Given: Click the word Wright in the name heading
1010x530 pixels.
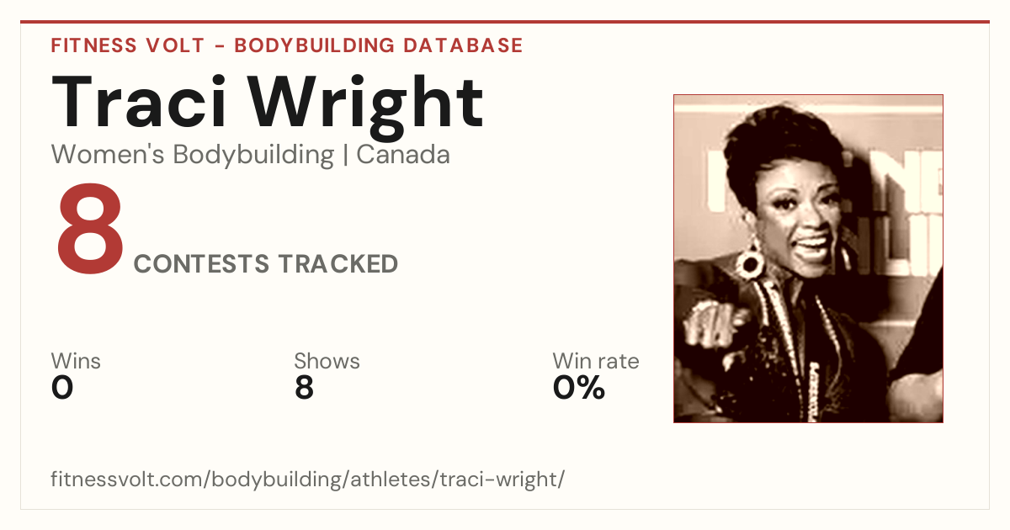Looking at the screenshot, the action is [x=366, y=108].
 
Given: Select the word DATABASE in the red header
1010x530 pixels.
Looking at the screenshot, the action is [x=463, y=45].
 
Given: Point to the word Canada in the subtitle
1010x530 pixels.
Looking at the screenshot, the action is [x=403, y=155].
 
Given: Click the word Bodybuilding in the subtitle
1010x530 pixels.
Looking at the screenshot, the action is [x=253, y=156].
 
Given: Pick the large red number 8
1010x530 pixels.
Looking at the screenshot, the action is [x=90, y=229].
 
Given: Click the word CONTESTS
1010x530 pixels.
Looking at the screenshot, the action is [x=201, y=263].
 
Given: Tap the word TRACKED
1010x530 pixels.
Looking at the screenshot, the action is [x=338, y=263].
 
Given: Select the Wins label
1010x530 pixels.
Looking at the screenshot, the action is [x=76, y=361].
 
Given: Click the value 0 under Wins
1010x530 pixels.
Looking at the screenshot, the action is [x=62, y=388].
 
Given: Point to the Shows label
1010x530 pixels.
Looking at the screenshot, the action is [x=327, y=361].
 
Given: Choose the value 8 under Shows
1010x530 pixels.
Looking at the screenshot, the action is [x=305, y=388].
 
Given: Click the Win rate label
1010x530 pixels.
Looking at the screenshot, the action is [x=596, y=361].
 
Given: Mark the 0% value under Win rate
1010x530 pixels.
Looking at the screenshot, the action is [x=578, y=388].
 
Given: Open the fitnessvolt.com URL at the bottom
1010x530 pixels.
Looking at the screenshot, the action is [x=307, y=479].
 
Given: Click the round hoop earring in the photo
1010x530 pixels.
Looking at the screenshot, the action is [x=748, y=262].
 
